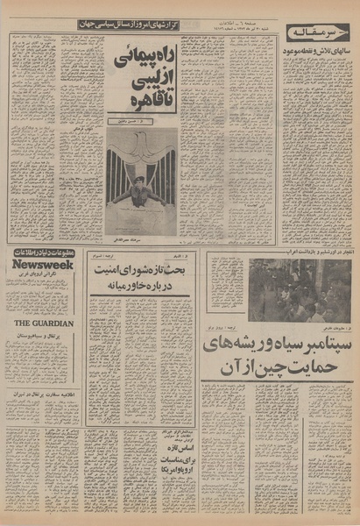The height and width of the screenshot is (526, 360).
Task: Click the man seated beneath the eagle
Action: (138, 192)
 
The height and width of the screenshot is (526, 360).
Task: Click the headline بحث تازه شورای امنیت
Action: (140, 271)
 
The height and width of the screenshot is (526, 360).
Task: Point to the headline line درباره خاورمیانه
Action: (140, 288)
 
